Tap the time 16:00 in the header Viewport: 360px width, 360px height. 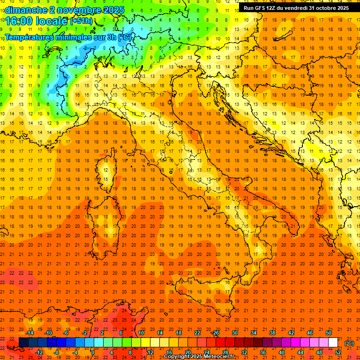pyautogui.click(x=18, y=21)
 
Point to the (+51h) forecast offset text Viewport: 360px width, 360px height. pyautogui.click(x=81, y=21)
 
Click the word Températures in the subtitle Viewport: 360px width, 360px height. pyautogui.click(x=33, y=37)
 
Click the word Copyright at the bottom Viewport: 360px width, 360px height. pyautogui.click(x=177, y=357)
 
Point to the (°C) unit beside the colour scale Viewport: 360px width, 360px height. pyautogui.click(x=349, y=343)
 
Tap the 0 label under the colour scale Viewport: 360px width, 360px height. pyautogui.click(x=92, y=352)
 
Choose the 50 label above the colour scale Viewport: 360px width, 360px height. pyautogui.click(x=329, y=333)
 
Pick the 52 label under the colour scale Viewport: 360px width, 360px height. pyautogui.click(x=338, y=352)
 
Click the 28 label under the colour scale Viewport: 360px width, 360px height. pyautogui.click(x=225, y=352)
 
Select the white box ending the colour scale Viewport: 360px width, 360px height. pyautogui.click(x=333, y=343)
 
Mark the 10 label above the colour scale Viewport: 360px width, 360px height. pyautogui.click(x=141, y=333)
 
